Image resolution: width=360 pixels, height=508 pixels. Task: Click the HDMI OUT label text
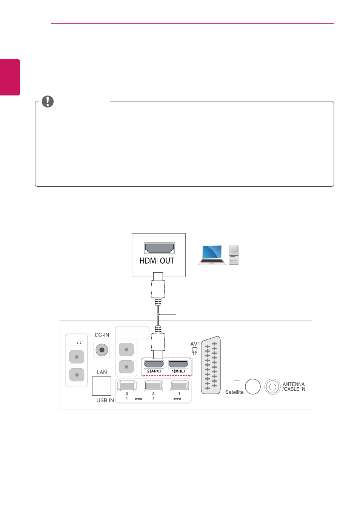[x=157, y=261]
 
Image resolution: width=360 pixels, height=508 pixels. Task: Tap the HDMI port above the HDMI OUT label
[x=159, y=248]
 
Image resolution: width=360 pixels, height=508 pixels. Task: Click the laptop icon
[x=212, y=255]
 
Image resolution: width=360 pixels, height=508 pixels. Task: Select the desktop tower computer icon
[x=234, y=255]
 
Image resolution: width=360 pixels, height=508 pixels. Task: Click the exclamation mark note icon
[x=48, y=101]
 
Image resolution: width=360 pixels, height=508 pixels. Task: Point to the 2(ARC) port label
[x=154, y=371]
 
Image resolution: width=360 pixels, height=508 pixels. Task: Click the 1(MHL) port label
[x=178, y=371]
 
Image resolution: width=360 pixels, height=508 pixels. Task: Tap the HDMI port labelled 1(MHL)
[x=178, y=364]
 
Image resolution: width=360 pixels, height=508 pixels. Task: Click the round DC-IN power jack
[x=102, y=350]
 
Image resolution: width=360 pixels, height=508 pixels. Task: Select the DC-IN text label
[x=102, y=335]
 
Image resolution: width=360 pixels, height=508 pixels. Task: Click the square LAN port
[x=102, y=386]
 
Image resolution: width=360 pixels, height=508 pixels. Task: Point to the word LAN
[x=102, y=372]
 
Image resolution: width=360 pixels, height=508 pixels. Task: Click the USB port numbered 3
[x=127, y=386]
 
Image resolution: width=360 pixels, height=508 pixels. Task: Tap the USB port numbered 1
[x=179, y=386]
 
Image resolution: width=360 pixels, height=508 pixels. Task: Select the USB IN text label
[x=105, y=400]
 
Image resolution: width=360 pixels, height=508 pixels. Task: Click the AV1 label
[x=195, y=344]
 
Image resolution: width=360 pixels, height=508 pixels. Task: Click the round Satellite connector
[x=252, y=387]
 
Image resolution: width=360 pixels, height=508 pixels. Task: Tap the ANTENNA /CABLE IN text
[x=294, y=387]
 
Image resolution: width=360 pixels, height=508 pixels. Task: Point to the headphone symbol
[x=79, y=342]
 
